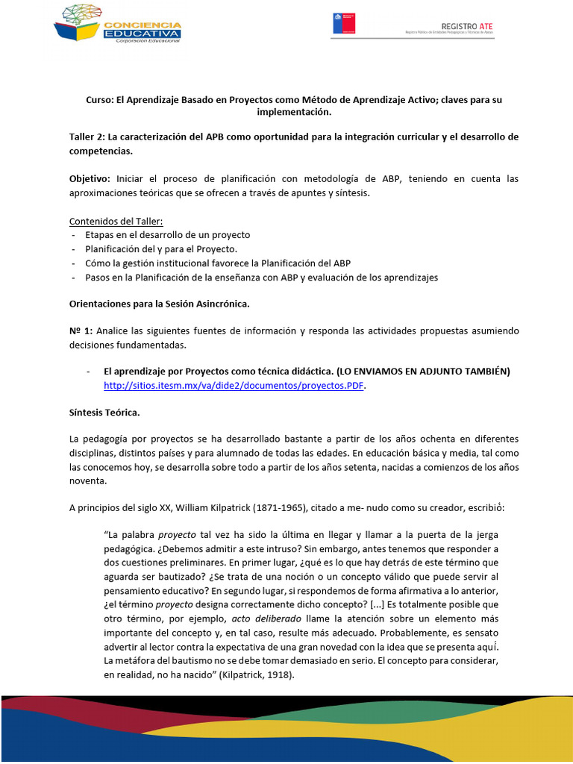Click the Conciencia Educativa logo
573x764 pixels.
[x=117, y=24]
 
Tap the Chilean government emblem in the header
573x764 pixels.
[x=344, y=23]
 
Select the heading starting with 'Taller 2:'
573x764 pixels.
[x=284, y=144]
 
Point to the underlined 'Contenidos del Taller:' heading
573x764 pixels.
[x=116, y=222]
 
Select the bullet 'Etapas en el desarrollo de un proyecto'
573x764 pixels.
[x=168, y=235]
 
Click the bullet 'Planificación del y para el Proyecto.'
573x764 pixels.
[x=160, y=249]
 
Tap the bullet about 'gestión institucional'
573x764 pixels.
[x=217, y=263]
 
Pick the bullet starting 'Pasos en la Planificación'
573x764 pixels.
[x=261, y=278]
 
